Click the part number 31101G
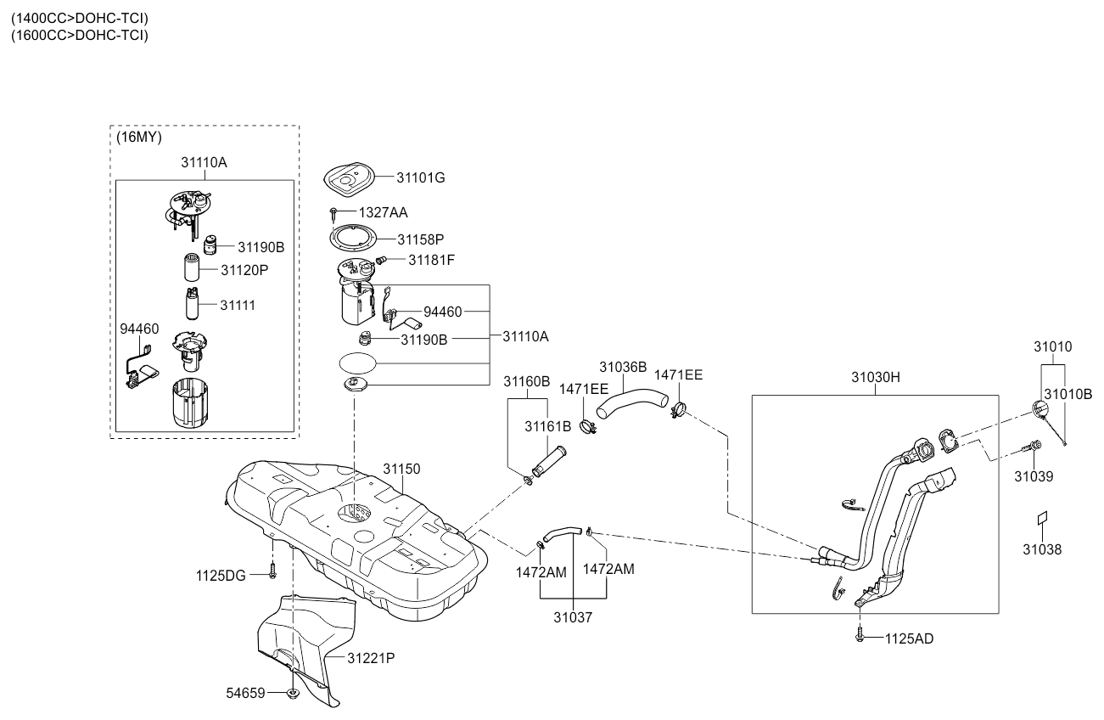[420, 177]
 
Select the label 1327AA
[383, 212]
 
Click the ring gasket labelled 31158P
[353, 239]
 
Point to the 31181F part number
[431, 260]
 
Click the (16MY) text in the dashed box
[139, 137]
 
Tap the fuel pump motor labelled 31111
[193, 304]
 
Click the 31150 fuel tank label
[401, 469]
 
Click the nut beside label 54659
[293, 694]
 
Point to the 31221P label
[371, 658]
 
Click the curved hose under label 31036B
[632, 401]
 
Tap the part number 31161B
[547, 426]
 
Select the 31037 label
[573, 617]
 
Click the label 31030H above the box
[876, 377]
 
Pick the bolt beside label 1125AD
[860, 635]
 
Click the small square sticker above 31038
[1042, 517]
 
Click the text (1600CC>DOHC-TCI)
[80, 36]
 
